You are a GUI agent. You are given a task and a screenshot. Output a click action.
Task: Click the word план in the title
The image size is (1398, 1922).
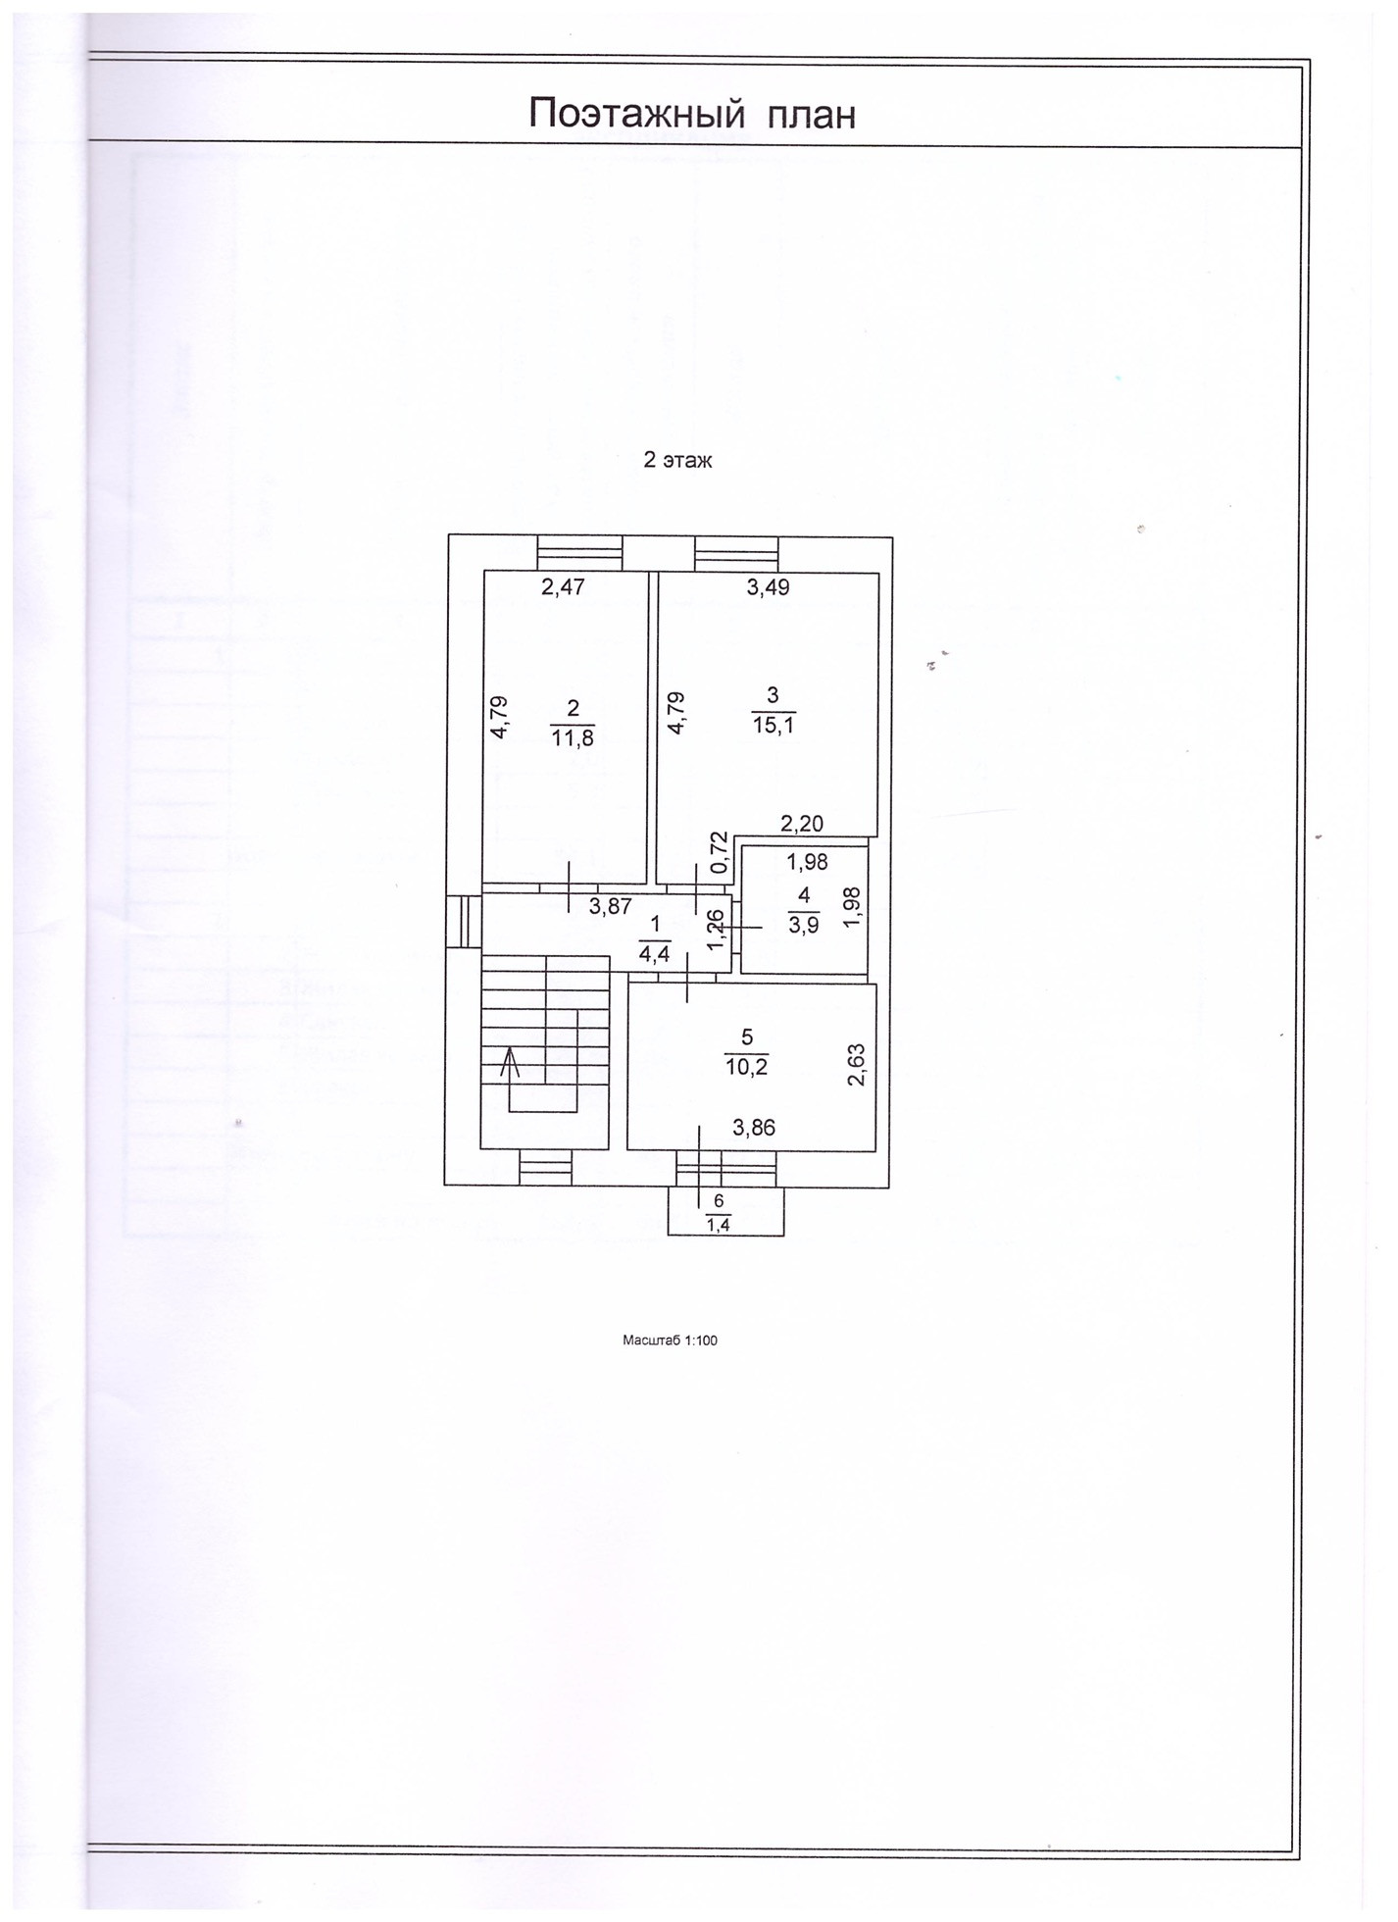811,115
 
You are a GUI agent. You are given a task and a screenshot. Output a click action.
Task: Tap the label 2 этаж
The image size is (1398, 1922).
677,460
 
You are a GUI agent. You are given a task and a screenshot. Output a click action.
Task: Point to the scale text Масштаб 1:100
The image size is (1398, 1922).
670,1340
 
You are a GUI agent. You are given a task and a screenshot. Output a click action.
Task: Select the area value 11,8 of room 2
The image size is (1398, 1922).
573,737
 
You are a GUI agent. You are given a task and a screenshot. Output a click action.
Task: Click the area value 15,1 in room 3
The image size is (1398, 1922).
773,726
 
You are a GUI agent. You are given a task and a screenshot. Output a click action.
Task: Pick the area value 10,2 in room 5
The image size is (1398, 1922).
746,1067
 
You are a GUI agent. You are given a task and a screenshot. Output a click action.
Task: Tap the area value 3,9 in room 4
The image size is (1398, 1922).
803,926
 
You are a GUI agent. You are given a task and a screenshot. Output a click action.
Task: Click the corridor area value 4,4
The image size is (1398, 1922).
654,953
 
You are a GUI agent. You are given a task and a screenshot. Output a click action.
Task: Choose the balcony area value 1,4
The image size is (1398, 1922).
719,1224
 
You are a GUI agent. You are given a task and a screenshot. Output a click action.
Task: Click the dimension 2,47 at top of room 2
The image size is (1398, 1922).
564,587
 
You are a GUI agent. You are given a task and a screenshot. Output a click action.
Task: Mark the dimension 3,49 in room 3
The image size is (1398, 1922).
768,587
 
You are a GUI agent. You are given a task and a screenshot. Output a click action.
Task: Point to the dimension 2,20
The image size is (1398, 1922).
801,824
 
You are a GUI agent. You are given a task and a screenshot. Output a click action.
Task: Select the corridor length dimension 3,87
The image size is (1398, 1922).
610,907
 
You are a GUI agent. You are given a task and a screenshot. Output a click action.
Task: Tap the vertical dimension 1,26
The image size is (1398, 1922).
716,929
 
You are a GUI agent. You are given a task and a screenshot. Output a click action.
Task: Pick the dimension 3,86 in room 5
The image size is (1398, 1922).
754,1128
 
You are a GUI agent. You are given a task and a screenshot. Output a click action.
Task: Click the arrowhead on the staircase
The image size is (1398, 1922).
508,1058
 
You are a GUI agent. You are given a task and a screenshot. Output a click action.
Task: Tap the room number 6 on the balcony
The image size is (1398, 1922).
719,1201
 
